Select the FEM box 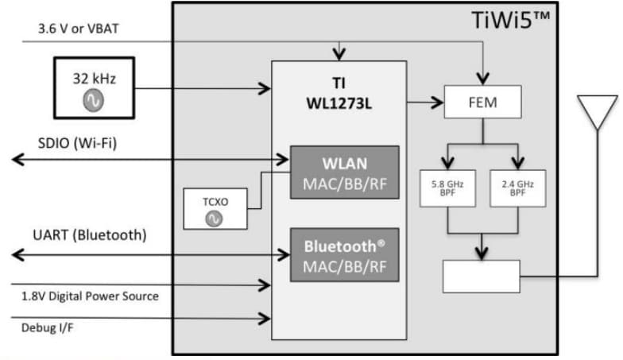pyautogui.click(x=482, y=102)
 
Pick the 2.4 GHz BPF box pyautogui.click(x=518, y=188)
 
